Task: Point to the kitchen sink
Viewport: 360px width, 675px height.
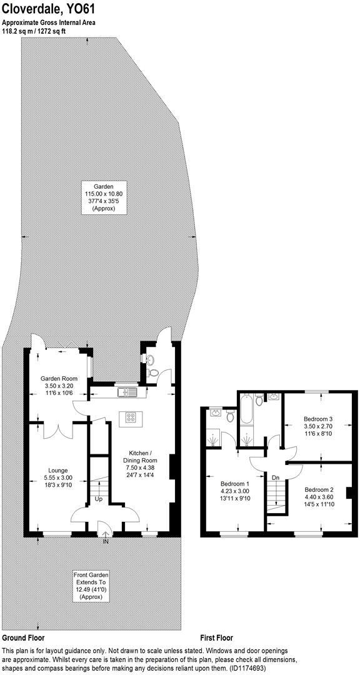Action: [x=127, y=392]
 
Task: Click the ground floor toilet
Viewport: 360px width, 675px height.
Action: [x=153, y=372]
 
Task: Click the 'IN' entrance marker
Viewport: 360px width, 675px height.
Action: [x=105, y=541]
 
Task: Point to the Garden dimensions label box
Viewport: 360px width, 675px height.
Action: [x=104, y=198]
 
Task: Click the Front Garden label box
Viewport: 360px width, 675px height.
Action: [x=91, y=586]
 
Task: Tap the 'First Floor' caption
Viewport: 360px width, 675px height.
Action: [x=216, y=638]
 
